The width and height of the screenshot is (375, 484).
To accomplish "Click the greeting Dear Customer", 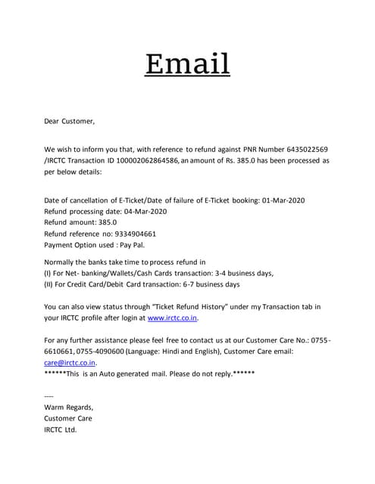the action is click(70, 120).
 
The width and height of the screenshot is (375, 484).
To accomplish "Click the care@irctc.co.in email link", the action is click(70, 362).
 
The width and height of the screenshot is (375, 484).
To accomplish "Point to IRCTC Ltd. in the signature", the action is click(61, 430).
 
